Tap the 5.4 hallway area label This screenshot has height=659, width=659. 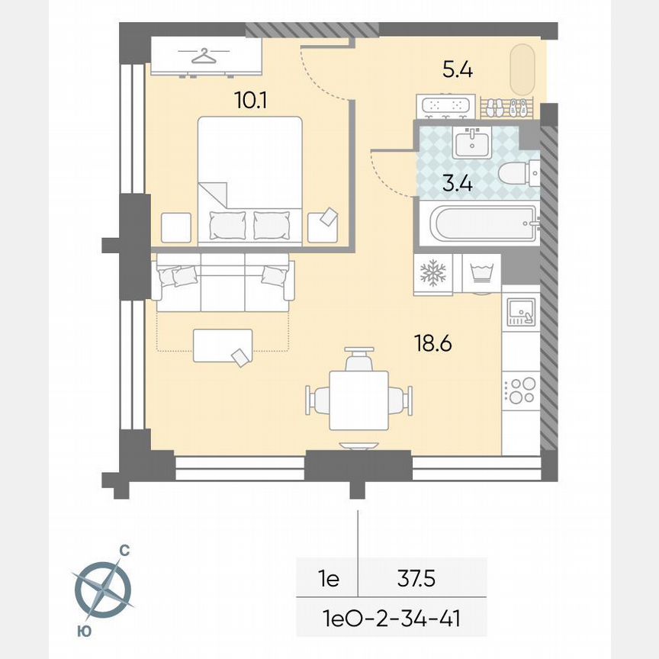coord(458,71)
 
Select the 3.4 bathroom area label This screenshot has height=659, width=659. coord(458,183)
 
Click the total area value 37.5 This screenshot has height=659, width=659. coord(416,580)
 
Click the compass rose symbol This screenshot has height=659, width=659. coord(103,589)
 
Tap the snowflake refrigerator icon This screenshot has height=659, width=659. coord(433,273)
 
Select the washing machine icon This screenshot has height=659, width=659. coord(481,273)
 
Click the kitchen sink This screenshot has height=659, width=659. coord(522,312)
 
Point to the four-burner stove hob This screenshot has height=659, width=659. coord(522,391)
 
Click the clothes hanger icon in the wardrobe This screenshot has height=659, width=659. coord(204,56)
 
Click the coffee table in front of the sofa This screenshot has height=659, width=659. coord(223,345)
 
